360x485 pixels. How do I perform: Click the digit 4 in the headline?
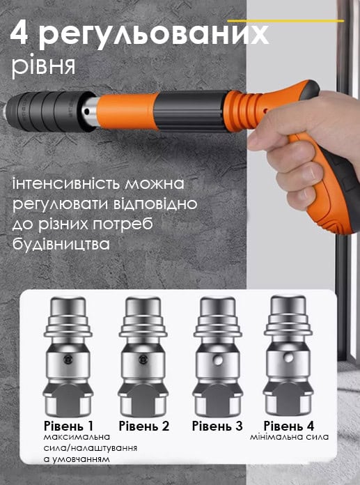[x=19, y=33]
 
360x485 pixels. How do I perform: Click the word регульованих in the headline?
[x=154, y=36]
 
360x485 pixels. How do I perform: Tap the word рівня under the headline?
[x=44, y=66]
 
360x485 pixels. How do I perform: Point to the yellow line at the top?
[x=285, y=21]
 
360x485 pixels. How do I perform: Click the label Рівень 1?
[x=68, y=426]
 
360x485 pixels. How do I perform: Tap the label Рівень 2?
[x=144, y=426]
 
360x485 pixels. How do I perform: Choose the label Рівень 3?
[x=217, y=426]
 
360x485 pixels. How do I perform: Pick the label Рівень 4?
[x=289, y=426]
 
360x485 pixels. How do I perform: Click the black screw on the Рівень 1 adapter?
[x=68, y=359]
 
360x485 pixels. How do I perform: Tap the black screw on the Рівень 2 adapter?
[x=142, y=359]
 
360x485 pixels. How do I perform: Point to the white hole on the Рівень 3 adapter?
[x=219, y=360]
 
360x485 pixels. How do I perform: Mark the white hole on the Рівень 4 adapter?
[x=288, y=358]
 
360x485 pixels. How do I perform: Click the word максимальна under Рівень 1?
[x=77, y=437]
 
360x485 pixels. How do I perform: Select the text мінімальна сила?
[x=289, y=437]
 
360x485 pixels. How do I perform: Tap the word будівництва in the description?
[x=61, y=244]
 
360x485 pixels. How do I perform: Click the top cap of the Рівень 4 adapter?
[x=288, y=305]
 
